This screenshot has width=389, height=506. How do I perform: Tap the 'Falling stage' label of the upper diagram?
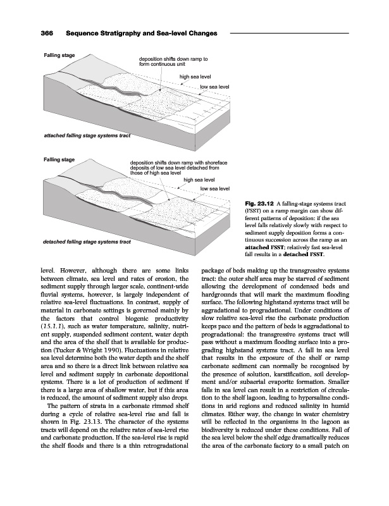click(x=58, y=56)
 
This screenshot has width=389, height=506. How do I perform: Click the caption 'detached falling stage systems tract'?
click(x=87, y=242)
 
